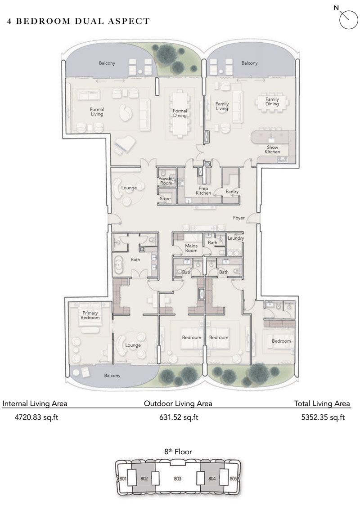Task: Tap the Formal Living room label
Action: (97, 112)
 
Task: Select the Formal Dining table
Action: (180, 112)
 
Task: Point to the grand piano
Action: (122, 144)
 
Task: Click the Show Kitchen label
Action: (272, 149)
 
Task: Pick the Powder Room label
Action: (166, 181)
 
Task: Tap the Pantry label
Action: (232, 192)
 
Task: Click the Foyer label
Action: (239, 218)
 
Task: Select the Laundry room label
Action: (236, 238)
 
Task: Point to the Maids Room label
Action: (191, 248)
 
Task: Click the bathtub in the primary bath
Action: (119, 265)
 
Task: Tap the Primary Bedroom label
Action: (90, 315)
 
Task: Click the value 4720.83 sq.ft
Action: (30, 417)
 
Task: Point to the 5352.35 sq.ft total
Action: (323, 417)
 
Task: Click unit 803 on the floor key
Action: (177, 479)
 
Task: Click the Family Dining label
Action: (272, 102)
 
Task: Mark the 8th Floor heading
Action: (178, 452)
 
